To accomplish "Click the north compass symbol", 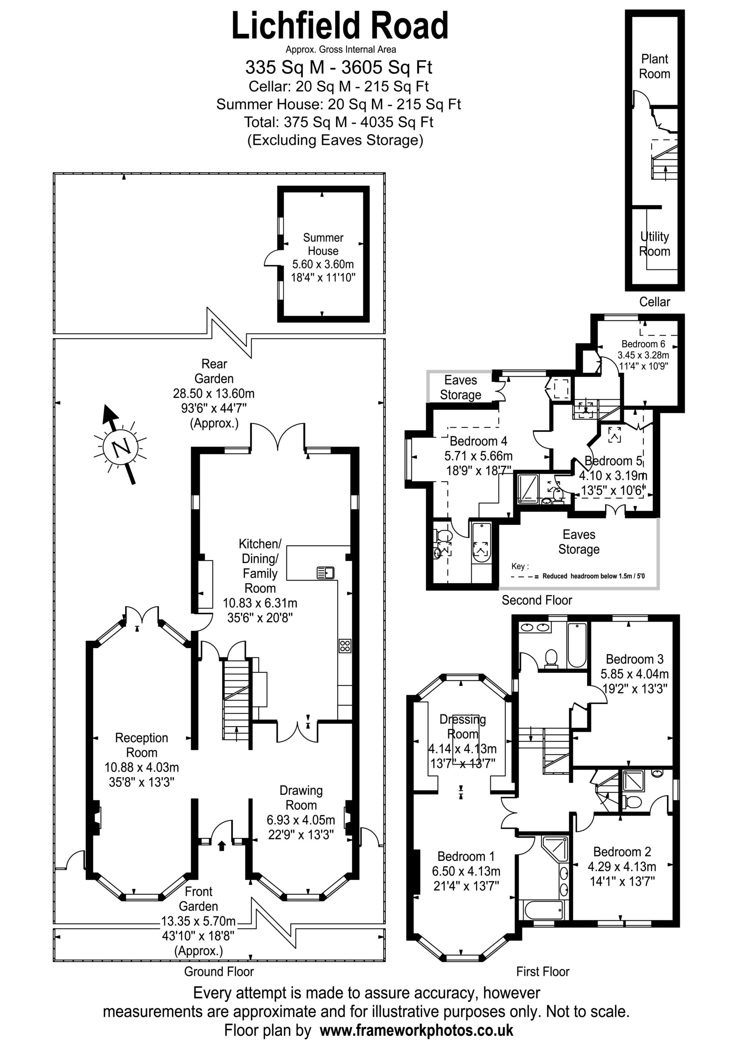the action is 121,446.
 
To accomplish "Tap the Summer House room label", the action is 323,244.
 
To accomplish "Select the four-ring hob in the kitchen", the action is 345,646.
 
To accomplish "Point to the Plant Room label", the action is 654,66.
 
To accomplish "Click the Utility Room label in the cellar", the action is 654,244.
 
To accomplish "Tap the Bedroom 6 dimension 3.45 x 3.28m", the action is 643,355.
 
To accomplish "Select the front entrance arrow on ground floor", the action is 222,845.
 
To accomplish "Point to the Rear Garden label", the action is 214,371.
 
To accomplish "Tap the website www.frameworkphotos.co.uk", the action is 417,1030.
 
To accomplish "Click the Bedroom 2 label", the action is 622,852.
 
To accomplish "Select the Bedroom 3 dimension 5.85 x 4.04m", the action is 635,674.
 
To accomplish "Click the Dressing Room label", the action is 462,727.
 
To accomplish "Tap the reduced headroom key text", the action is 593,576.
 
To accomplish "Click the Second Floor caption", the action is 537,600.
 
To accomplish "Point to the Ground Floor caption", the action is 219,972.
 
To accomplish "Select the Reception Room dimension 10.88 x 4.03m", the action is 142,768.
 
